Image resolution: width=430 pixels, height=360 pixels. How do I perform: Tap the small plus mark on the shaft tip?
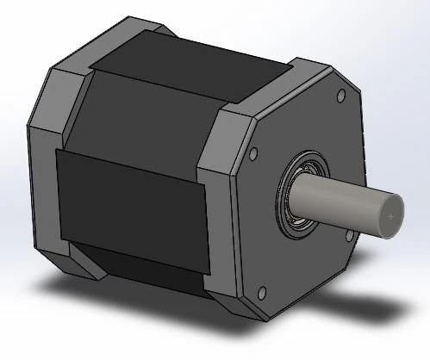(x=392, y=216)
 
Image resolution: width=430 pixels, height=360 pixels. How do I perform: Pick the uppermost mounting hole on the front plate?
(x=339, y=94)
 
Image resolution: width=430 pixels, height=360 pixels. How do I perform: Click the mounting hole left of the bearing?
(x=252, y=156)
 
